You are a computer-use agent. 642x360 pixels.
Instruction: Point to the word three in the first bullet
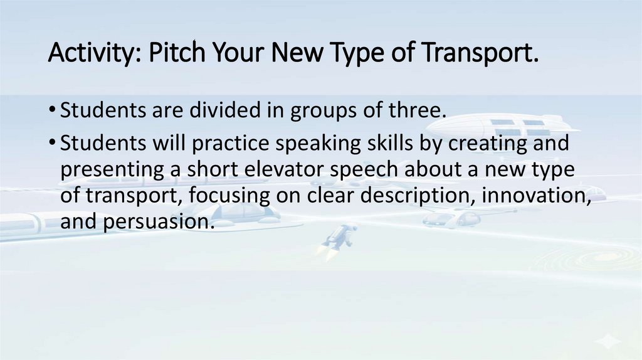tap(416, 111)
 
